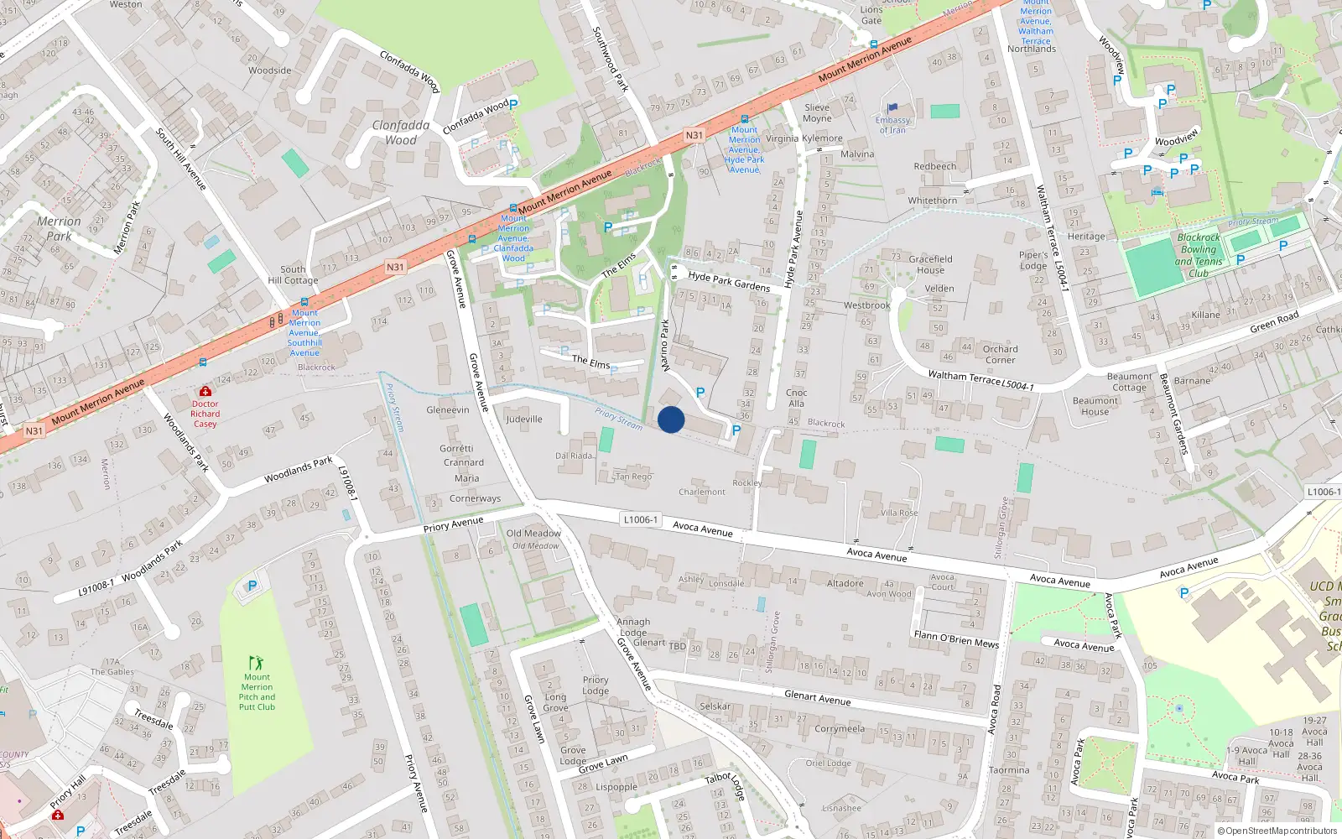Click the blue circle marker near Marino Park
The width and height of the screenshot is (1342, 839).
point(671,419)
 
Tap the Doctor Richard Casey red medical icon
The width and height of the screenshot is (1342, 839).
point(205,392)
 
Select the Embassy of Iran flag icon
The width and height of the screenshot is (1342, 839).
point(892,108)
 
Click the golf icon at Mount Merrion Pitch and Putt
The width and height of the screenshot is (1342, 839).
point(257,663)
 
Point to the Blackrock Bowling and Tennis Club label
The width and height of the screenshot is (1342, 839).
point(1199,255)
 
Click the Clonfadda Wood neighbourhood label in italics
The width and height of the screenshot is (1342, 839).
point(401,133)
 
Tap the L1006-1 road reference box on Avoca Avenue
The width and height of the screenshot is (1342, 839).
point(641,520)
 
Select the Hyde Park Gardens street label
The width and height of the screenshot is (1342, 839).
point(729,281)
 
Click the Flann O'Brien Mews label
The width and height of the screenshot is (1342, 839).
point(956,639)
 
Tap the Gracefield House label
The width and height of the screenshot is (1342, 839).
point(930,264)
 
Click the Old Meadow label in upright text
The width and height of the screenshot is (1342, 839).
point(533,534)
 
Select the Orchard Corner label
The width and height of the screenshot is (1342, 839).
point(1000,354)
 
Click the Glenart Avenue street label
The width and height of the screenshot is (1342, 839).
point(817,697)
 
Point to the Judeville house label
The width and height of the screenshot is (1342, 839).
point(524,419)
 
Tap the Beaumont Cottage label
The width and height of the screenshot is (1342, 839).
point(1129,382)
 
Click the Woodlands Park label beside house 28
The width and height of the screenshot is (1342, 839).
point(299,470)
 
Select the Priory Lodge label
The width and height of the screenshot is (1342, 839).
point(596,685)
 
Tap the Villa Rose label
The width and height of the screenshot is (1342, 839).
point(899,513)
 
